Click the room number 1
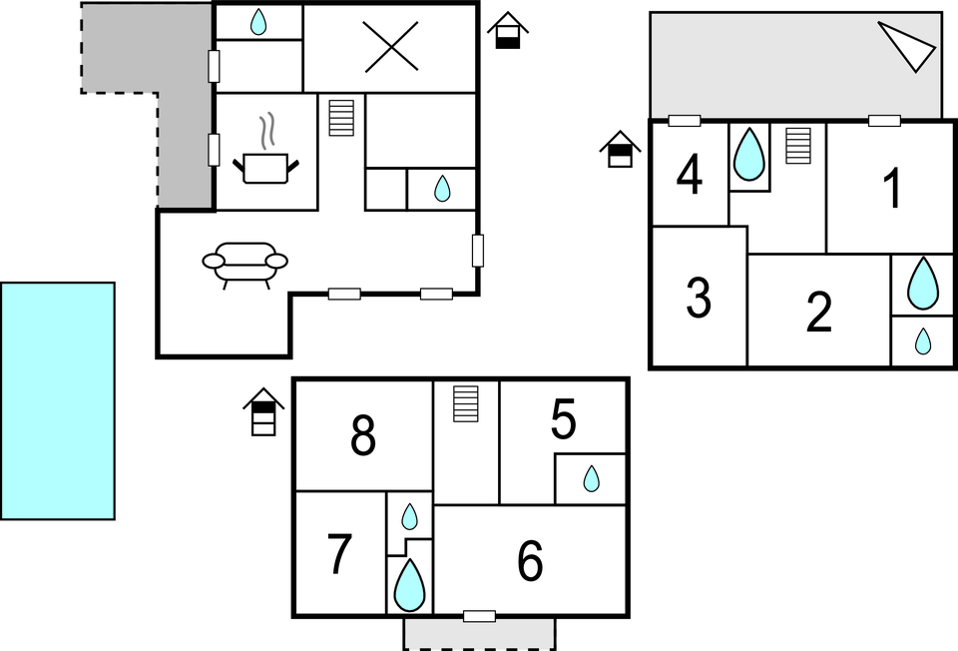coord(893,189)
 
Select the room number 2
coord(818,313)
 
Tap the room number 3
coord(699,297)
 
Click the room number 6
coord(530,562)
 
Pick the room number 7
coord(340,555)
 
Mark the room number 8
coord(363,436)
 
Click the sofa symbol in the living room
coord(244,263)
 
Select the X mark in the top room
coord(390,47)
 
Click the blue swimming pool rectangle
coord(58,400)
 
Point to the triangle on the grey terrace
coord(910,46)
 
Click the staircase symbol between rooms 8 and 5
coord(466,403)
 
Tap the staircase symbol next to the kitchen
coord(341,117)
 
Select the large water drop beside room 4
coord(748,155)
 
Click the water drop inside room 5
coord(591,479)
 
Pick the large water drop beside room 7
coord(409,585)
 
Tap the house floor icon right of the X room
coord(508,31)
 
